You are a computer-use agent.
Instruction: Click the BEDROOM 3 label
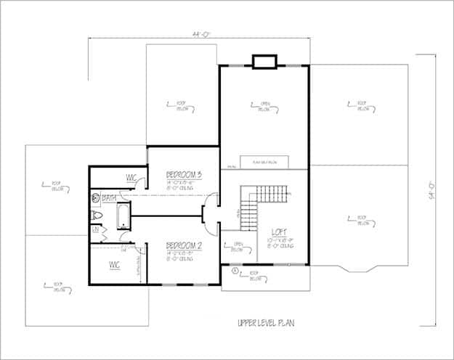pyautogui.click(x=183, y=175)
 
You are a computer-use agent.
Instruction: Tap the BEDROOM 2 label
pyautogui.click(x=183, y=245)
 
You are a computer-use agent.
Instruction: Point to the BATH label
pyautogui.click(x=110, y=197)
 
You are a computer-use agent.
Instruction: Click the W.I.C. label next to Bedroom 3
pyautogui.click(x=132, y=178)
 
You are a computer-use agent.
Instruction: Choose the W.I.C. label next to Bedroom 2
pyautogui.click(x=115, y=264)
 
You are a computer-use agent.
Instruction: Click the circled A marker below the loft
pyautogui.click(x=235, y=271)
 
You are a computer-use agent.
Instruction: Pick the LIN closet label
pyautogui.click(x=95, y=230)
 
